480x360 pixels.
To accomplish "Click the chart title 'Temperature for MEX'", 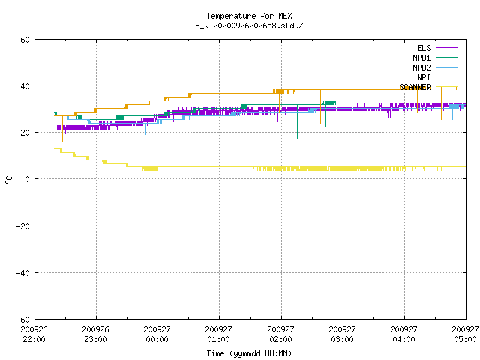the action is tap(249, 16).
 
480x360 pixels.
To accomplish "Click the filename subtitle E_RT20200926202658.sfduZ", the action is tap(249, 25).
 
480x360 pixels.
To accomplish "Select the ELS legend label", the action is tap(424, 48).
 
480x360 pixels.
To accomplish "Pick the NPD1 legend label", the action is tap(421, 58).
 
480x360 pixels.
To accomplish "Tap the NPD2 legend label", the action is tap(421, 67).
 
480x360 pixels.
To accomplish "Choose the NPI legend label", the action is tap(424, 77).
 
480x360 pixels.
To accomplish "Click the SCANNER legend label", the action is tap(415, 87).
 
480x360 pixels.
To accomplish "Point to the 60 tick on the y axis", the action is tap(25, 40).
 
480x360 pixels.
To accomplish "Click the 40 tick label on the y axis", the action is tap(25, 86).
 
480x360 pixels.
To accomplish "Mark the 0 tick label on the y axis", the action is tap(27, 179).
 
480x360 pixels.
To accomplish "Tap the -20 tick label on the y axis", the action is tap(23, 226).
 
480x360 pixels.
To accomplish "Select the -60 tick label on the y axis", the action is tap(23, 319).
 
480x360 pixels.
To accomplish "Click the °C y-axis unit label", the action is tap(9, 180).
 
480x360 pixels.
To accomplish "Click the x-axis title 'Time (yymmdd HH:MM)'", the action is tap(249, 353).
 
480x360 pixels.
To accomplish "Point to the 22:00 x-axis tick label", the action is tap(34, 339).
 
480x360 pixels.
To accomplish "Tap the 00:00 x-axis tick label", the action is tap(157, 339).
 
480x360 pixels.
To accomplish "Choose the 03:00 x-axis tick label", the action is tap(342, 339).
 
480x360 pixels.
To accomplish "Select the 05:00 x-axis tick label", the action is tap(465, 339).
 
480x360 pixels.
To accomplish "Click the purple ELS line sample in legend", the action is tap(446, 48).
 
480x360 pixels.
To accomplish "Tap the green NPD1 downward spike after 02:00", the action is tap(297, 121).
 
